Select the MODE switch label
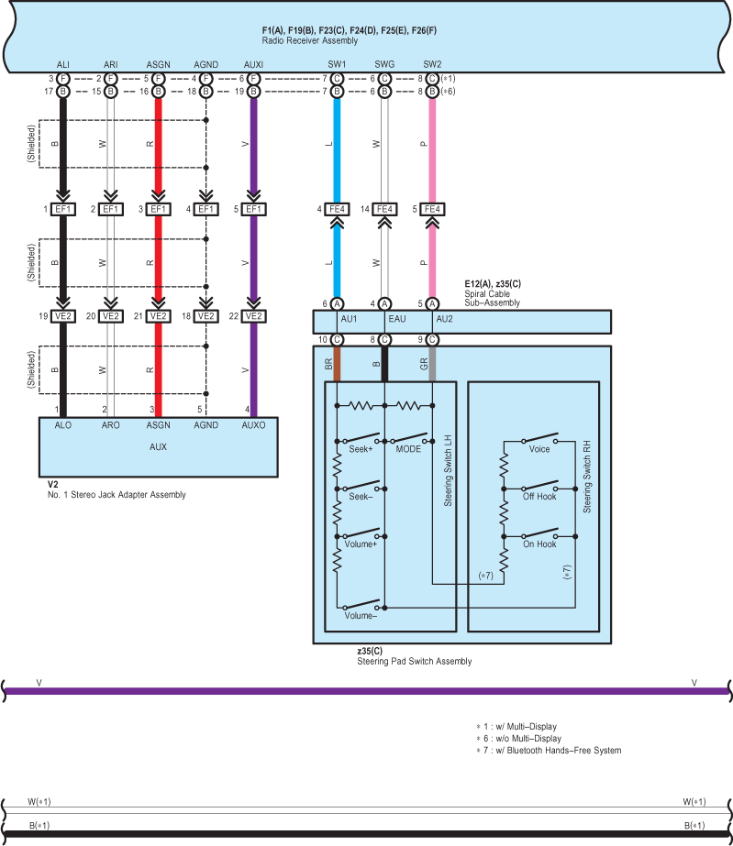tap(408, 448)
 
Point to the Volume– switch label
tap(361, 616)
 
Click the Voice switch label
tap(539, 449)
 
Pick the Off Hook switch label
tap(539, 497)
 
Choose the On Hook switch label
tap(539, 544)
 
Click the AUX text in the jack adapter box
tap(158, 447)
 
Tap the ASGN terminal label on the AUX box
tap(158, 426)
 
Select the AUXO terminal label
tap(253, 426)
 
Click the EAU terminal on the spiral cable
tap(396, 320)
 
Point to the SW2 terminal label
tap(432, 65)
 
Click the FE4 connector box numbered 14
tap(385, 209)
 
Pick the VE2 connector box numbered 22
tap(254, 316)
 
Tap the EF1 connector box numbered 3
tap(159, 209)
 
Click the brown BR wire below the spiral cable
tap(337, 365)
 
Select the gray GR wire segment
tap(432, 365)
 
